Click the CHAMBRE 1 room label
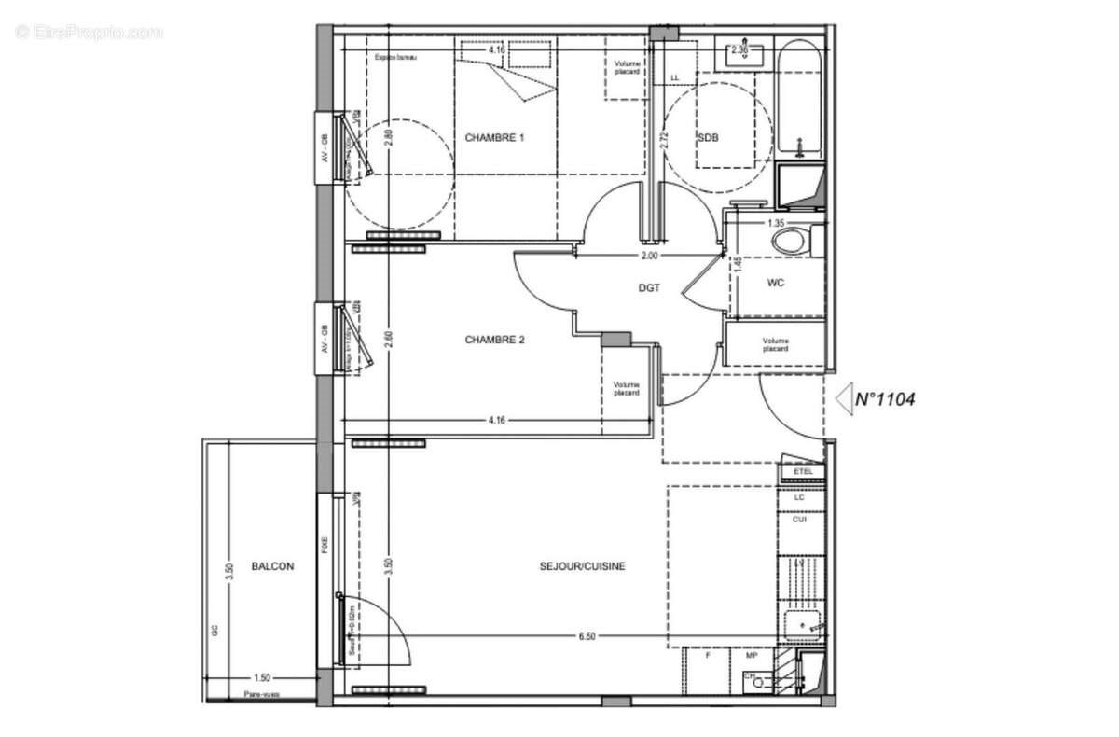(x=494, y=138)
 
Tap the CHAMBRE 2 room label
(x=494, y=341)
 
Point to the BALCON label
(x=272, y=566)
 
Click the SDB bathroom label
(x=709, y=138)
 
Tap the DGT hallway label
(x=649, y=288)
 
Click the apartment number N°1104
(x=884, y=399)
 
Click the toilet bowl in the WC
(x=790, y=242)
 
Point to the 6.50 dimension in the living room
(x=587, y=636)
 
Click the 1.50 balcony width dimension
(x=262, y=678)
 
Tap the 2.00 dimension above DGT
(x=649, y=256)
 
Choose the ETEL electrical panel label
(x=803, y=472)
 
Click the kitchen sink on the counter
(x=801, y=624)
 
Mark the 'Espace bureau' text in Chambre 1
(x=395, y=59)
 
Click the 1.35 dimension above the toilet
(x=775, y=224)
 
